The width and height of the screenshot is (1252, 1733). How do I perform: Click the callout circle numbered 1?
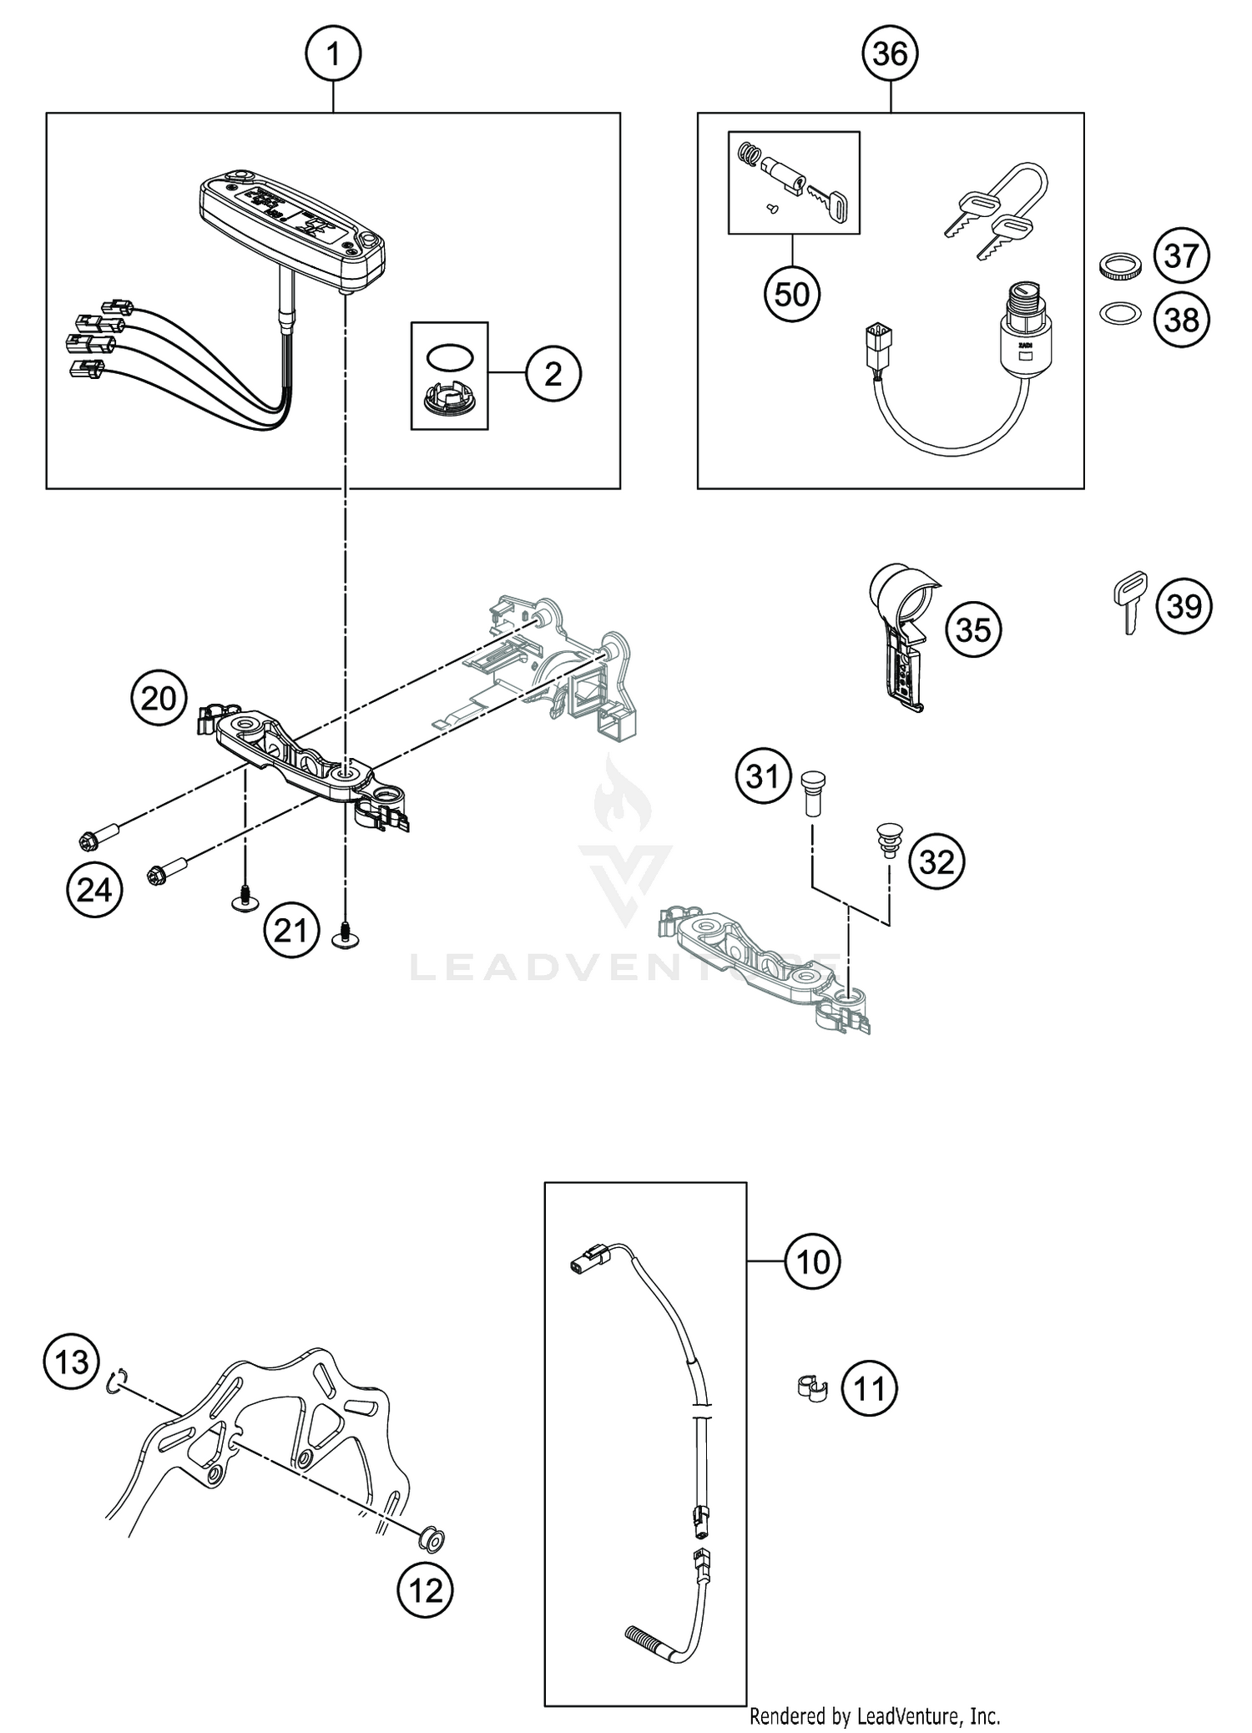333,55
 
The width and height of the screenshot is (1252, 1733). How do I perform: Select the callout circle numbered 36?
890,55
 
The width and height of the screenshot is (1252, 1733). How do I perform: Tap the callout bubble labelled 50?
792,295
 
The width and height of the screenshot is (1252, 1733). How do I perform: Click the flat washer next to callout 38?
1118,315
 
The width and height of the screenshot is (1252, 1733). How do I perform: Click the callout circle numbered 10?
812,1262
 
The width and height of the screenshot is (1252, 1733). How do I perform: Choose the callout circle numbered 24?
94,890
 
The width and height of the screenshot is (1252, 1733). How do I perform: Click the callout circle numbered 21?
290,929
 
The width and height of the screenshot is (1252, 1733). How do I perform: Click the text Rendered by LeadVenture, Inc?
874,1716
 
